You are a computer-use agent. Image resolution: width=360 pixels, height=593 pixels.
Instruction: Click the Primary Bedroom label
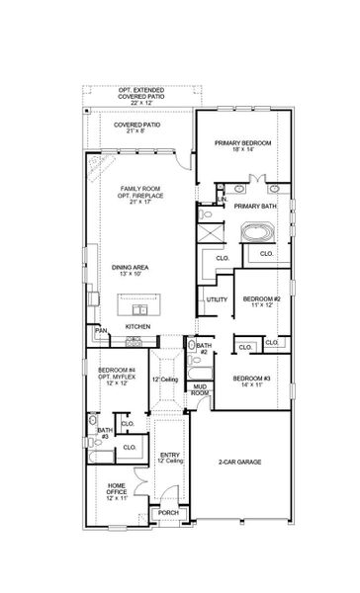click(242, 146)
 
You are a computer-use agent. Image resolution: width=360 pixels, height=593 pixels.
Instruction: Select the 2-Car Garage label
click(239, 462)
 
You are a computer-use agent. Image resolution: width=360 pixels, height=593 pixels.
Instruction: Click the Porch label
click(169, 513)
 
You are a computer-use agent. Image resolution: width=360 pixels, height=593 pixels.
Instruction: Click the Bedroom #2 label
click(263, 301)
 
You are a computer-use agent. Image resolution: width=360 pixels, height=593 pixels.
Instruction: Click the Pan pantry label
click(100, 330)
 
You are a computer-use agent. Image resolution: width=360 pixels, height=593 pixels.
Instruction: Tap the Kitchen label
click(136, 325)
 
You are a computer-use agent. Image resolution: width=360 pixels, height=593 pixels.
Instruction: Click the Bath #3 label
click(104, 433)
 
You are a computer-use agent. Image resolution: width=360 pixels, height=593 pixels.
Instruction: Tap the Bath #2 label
click(201, 348)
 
